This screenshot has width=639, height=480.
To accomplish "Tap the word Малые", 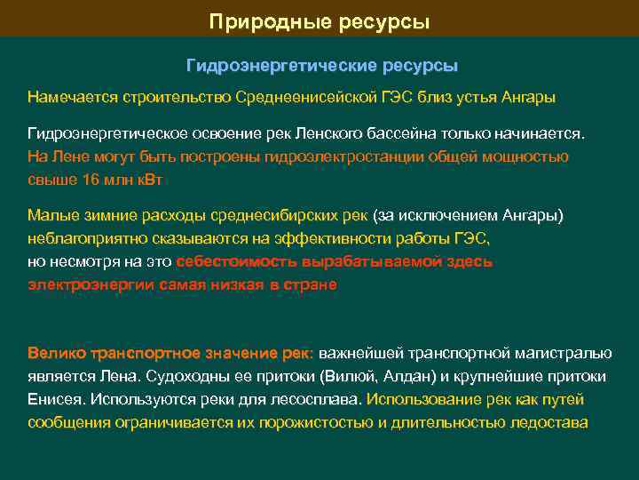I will coord(51,216).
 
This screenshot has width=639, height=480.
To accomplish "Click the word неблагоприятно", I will coord(81,239).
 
